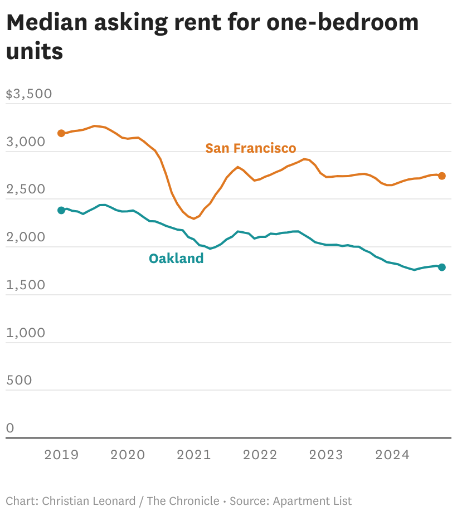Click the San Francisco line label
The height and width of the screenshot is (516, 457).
[251, 148]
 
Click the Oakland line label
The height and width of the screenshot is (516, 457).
[176, 259]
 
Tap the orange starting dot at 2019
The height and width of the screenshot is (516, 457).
[61, 133]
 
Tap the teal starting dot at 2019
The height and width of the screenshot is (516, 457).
[61, 210]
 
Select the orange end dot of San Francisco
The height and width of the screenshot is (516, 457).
[441, 176]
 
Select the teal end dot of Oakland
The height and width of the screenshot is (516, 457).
[441, 267]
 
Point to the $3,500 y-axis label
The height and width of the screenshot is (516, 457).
[29, 94]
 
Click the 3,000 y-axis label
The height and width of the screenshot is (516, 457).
[26, 142]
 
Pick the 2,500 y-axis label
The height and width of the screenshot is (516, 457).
[26, 189]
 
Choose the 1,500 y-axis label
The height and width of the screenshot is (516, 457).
[26, 285]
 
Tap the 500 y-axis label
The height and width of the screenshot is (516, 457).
[19, 380]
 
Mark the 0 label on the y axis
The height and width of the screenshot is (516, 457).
[10, 428]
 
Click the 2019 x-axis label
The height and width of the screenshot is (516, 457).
[61, 455]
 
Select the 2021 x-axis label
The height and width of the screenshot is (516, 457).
[194, 455]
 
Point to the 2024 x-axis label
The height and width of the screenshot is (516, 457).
[392, 455]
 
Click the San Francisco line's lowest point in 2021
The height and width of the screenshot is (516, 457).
[194, 218]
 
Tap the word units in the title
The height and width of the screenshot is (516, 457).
[35, 51]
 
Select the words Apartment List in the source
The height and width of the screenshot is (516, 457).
[312, 501]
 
